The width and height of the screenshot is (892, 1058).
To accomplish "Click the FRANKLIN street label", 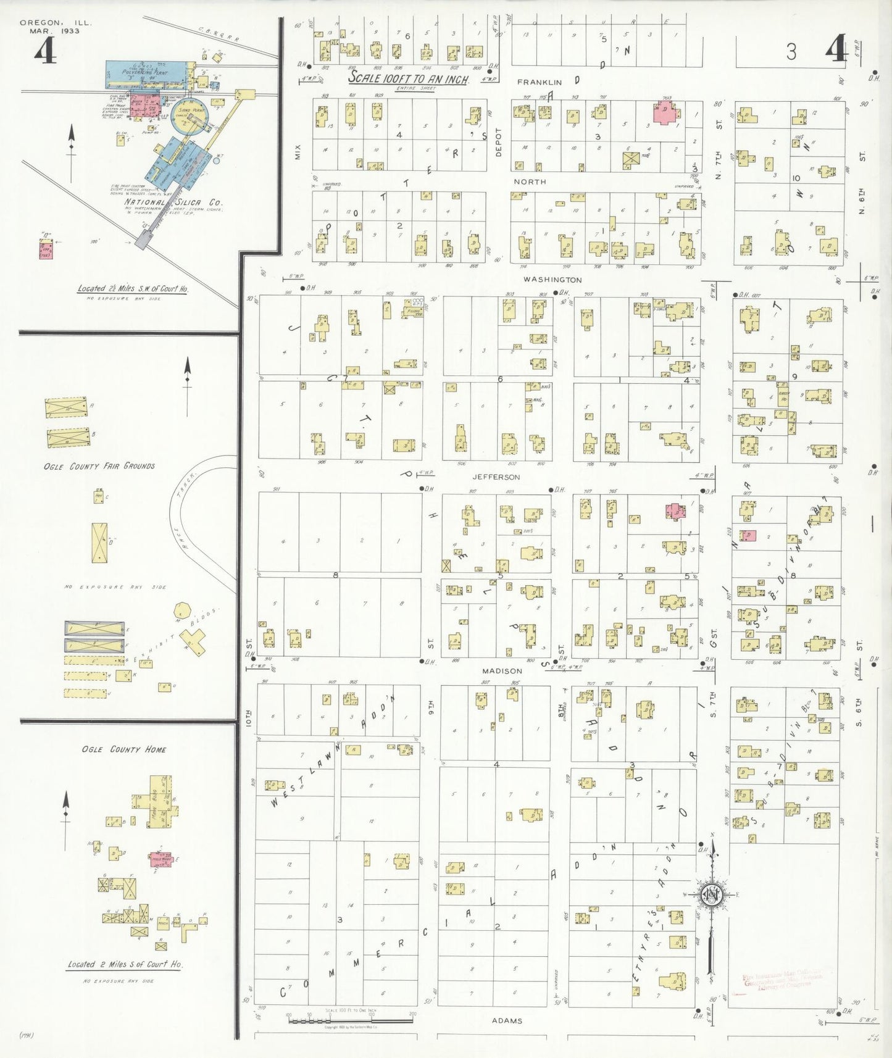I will pos(539,82).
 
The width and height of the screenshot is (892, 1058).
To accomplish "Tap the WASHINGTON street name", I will pos(552,280).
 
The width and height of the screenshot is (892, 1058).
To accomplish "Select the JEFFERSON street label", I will pos(496,477).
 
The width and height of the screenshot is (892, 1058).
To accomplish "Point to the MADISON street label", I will pos(502,671).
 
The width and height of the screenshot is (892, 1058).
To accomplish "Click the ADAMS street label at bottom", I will pos(507,1021).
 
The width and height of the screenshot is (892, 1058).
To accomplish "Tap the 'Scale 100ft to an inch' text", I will pos(408,79).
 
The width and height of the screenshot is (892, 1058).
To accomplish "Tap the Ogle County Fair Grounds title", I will pos(99,466).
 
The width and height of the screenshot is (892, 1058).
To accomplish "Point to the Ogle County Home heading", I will pos(123,749).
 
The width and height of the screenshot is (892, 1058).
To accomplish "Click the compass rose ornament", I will pos(712,894).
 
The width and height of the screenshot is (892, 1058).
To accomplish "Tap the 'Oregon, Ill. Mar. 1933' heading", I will pos(56,27).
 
